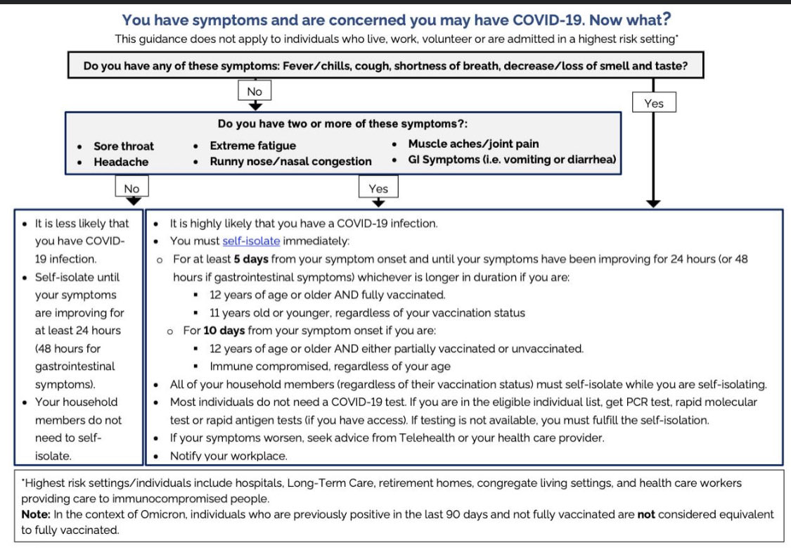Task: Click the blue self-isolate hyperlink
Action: (251, 241)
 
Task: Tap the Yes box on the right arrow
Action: (653, 103)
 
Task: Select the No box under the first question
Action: (255, 91)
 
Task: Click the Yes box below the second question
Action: (378, 188)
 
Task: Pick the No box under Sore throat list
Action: (131, 188)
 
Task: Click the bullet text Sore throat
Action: (124, 146)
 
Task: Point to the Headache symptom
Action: (121, 162)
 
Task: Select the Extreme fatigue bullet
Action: (252, 146)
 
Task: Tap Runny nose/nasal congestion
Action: (290, 161)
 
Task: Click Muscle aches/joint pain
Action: (473, 144)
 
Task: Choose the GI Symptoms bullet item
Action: (512, 160)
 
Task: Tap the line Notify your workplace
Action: (229, 456)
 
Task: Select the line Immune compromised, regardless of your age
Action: (330, 366)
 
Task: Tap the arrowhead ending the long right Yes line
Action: (653, 203)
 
